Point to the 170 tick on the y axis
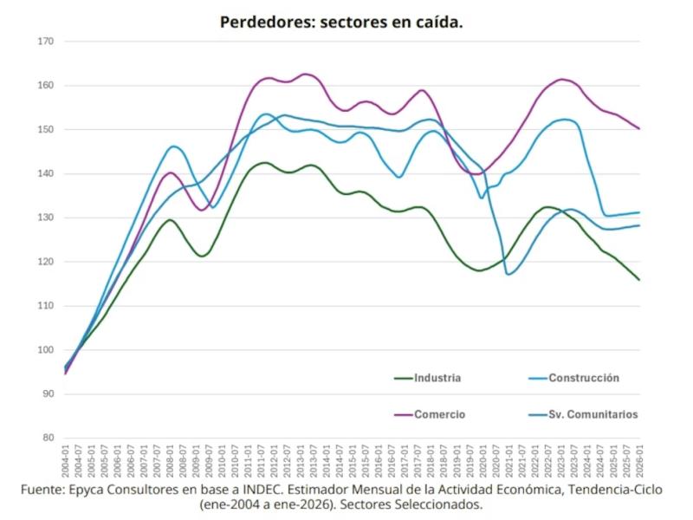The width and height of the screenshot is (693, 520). click(x=46, y=42)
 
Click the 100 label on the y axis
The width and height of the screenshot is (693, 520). click(x=46, y=350)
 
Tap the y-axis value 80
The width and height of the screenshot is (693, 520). click(x=49, y=438)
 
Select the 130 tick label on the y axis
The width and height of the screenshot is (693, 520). click(x=46, y=218)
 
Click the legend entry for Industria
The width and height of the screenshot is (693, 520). click(x=437, y=378)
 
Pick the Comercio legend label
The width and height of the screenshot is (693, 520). click(x=439, y=414)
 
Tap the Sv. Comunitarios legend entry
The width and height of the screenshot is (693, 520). click(x=593, y=414)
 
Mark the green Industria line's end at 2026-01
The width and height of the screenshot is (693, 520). click(x=640, y=280)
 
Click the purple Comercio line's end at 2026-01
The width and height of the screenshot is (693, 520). click(x=640, y=129)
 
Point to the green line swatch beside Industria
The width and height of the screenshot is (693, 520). click(x=402, y=378)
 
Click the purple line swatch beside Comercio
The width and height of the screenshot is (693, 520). click(x=402, y=414)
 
